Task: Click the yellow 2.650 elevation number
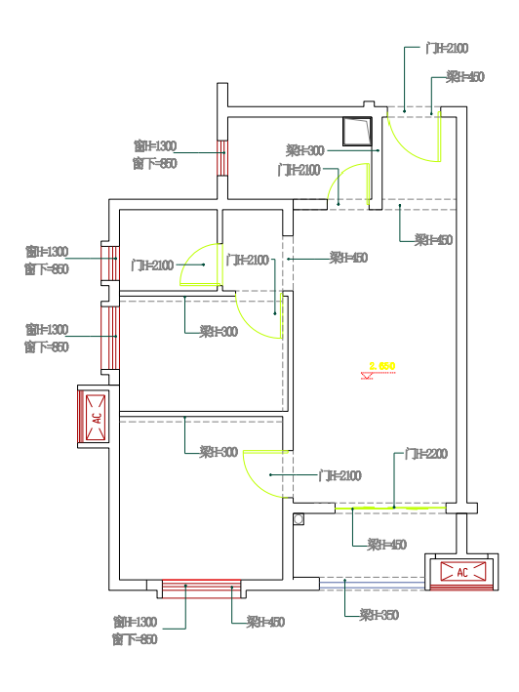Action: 381,366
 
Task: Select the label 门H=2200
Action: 426,455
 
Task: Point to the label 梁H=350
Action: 379,615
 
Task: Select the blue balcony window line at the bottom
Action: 373,584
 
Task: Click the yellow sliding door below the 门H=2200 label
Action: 391,508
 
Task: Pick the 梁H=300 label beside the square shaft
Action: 305,150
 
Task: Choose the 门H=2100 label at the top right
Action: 447,48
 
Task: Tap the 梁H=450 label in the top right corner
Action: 465,76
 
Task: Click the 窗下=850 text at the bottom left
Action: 134,639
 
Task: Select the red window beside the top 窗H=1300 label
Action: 221,157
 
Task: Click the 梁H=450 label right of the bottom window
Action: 265,622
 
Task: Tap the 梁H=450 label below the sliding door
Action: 386,545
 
